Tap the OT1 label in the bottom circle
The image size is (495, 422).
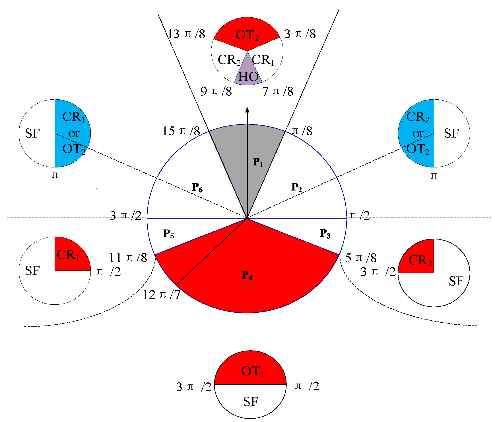253,371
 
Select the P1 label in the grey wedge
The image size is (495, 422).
258,162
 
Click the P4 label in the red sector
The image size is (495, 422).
247,275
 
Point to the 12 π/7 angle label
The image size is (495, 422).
161,295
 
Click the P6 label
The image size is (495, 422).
197,187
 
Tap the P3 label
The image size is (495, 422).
325,233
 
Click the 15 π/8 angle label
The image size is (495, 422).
181,131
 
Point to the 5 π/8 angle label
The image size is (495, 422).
361,258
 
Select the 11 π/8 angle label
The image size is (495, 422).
128,258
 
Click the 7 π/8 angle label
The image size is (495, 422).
277,91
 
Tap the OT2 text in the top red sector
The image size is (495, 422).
247,35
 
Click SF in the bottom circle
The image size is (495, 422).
250,401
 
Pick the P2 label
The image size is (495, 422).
296,187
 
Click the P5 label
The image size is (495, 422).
168,233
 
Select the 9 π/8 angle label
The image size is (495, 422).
216,91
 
